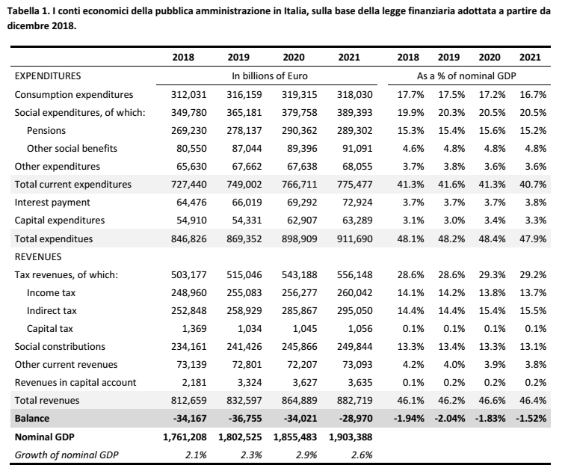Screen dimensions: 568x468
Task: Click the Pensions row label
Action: click(46, 130)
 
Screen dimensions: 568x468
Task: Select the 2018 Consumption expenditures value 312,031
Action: click(189, 94)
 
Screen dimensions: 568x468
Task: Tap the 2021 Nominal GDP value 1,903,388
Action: click(351, 437)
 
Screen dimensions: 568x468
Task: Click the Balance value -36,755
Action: click(245, 419)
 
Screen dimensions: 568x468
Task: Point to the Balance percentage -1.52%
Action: click(531, 419)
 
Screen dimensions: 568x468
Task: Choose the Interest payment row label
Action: click(52, 202)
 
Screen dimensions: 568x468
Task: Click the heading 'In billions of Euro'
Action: click(270, 76)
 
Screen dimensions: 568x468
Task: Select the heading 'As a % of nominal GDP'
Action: click(466, 76)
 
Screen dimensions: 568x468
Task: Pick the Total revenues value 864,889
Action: click(299, 400)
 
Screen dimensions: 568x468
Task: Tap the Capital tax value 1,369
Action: click(194, 328)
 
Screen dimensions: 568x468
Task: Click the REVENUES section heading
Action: click(38, 257)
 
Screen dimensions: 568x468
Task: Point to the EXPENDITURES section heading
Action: click(47, 76)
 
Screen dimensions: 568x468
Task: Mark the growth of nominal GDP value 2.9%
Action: click(306, 455)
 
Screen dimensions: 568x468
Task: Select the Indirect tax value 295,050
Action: click(355, 311)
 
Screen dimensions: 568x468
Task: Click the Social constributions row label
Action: click(60, 347)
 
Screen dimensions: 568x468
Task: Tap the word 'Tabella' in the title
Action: click(22, 11)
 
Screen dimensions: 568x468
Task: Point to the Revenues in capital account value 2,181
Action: click(194, 383)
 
